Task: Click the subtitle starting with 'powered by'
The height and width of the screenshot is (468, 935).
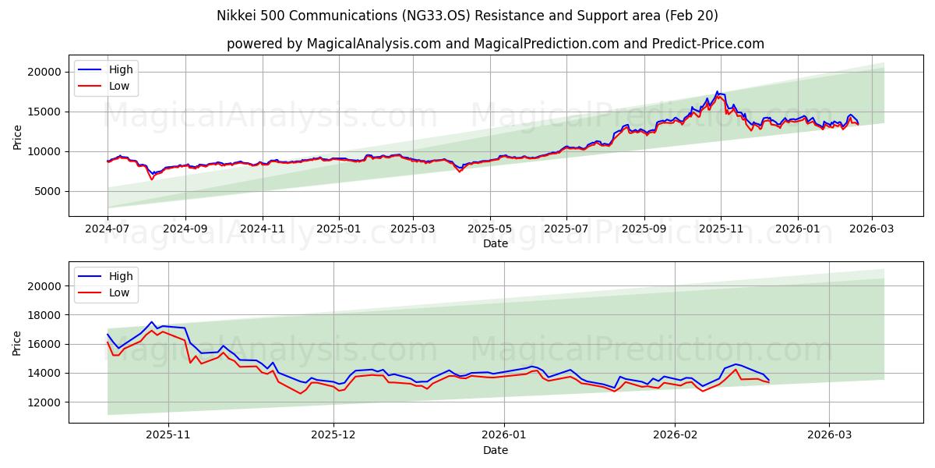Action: tap(496, 44)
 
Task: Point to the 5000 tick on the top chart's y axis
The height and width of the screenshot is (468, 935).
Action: tap(48, 191)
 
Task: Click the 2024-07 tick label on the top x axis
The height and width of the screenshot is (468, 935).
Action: tap(108, 229)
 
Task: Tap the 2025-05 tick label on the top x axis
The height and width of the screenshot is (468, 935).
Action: tap(490, 229)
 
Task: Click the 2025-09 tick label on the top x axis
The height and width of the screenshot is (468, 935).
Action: tap(644, 229)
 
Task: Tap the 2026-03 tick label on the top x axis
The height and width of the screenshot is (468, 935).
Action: tap(872, 229)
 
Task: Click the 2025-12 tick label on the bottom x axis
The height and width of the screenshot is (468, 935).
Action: tap(333, 435)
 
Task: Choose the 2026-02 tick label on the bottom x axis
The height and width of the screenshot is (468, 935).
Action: tap(674, 435)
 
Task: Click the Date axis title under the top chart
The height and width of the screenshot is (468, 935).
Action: tap(496, 243)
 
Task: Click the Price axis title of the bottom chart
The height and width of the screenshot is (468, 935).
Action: tap(17, 342)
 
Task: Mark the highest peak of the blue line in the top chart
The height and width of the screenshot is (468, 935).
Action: tap(717, 91)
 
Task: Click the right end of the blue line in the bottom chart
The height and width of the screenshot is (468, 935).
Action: tap(769, 380)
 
